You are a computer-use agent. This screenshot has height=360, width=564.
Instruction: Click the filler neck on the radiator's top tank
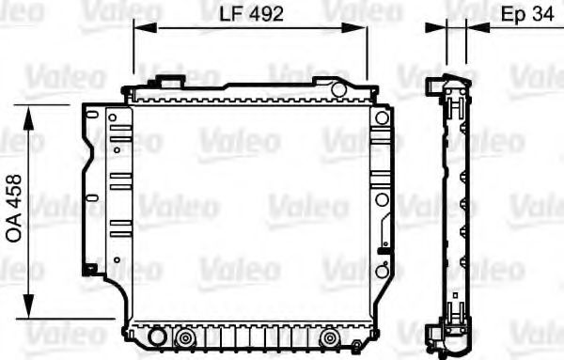pos(170,82)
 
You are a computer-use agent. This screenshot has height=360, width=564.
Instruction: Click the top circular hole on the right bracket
pos(381,118)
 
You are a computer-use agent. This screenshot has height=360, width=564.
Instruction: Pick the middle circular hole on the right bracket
pos(381,199)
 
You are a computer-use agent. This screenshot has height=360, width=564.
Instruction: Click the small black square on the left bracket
pos(89,270)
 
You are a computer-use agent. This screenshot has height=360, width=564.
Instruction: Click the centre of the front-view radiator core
pos(250,211)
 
